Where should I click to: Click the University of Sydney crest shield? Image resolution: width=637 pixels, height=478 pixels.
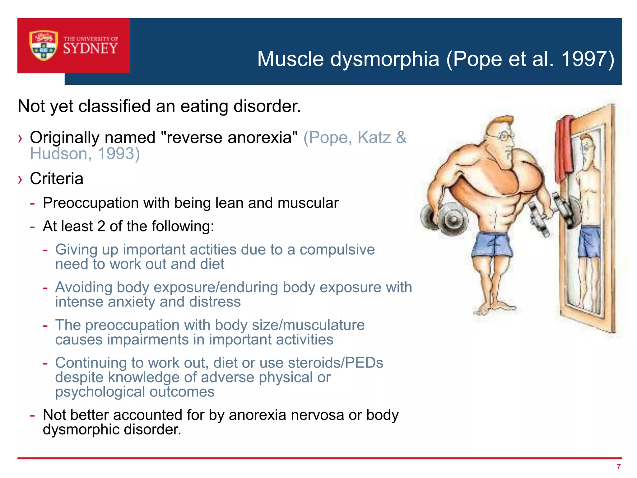coord(44,45)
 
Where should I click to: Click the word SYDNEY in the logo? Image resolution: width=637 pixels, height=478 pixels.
coord(91,49)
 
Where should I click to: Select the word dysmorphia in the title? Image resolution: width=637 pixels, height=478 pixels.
coord(384,59)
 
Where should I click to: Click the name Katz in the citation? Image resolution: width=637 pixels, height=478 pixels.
coord(374,137)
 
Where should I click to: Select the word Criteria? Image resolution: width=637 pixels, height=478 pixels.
coord(57,179)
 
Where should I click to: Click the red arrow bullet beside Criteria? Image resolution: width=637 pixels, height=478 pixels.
coord(20,180)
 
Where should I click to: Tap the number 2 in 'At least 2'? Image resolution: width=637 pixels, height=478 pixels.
coord(101,226)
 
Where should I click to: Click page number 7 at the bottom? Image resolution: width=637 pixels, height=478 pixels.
coord(618,467)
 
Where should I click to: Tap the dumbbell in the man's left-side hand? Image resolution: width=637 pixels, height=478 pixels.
coord(445,218)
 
